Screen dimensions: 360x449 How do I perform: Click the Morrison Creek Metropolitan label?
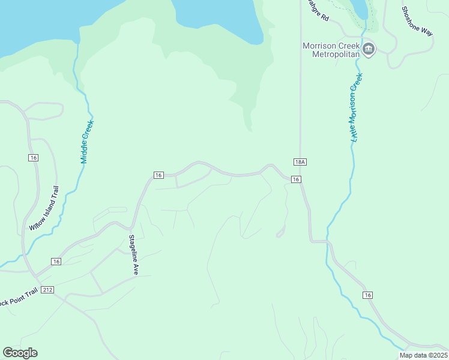pyautogui.click(x=331, y=50)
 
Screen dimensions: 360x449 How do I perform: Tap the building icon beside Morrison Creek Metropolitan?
pyautogui.click(x=369, y=49)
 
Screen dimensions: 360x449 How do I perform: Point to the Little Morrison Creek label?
pyautogui.click(x=355, y=108)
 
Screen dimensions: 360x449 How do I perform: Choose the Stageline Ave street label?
pyautogui.click(x=133, y=255)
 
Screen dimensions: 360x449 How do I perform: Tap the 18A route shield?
pyautogui.click(x=301, y=162)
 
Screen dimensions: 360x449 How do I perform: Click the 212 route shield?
pyautogui.click(x=48, y=290)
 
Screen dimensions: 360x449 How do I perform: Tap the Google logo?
pyautogui.click(x=20, y=353)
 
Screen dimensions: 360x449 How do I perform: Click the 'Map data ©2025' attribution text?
pyautogui.click(x=423, y=355)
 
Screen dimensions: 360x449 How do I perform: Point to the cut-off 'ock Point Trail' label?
pyautogui.click(x=18, y=296)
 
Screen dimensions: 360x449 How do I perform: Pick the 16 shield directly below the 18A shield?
pyautogui.click(x=295, y=179)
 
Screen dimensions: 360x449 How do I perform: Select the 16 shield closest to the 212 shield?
pyautogui.click(x=56, y=262)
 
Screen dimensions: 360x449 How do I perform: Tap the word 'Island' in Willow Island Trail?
pyautogui.click(x=46, y=208)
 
